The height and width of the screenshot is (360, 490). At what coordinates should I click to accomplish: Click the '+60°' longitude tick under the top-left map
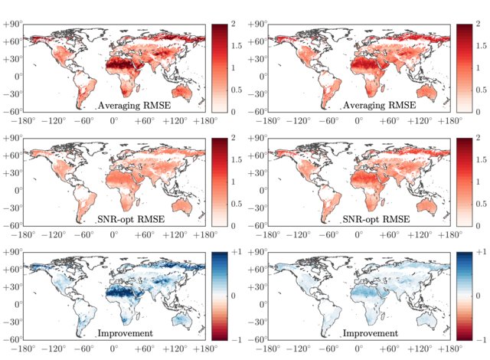pyautogui.click(x=145, y=121)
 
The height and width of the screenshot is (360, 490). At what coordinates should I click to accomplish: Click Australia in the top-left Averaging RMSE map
pyautogui.click(x=185, y=90)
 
